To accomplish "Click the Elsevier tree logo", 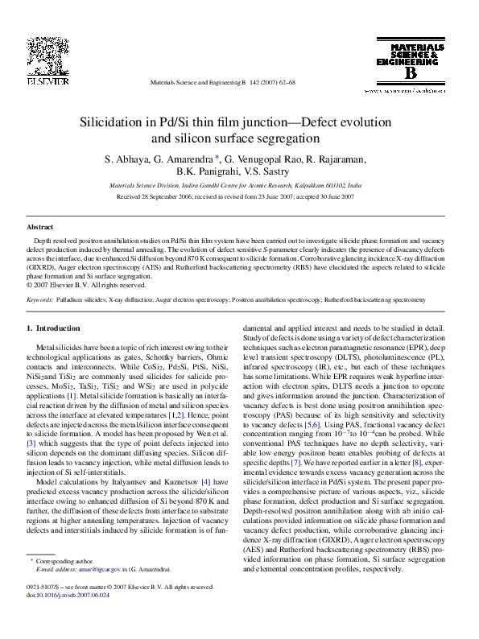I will pos(39,56).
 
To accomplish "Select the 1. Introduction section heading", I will pos(53,328).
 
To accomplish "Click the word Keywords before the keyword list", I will pos(40,299).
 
